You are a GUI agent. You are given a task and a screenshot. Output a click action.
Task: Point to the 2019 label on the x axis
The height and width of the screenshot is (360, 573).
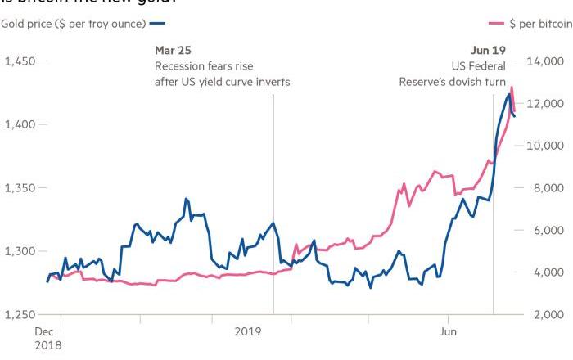(249, 331)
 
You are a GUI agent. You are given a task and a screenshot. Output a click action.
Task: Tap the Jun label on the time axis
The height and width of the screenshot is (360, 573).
(448, 331)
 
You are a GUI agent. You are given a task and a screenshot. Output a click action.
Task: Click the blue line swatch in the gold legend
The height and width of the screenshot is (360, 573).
(158, 24)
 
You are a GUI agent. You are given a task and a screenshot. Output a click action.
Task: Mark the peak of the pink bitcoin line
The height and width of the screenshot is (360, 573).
(512, 87)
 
